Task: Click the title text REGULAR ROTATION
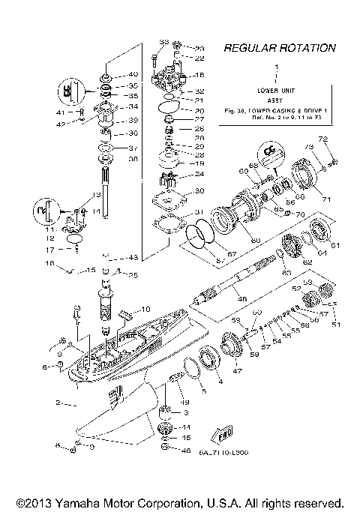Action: coord(279,48)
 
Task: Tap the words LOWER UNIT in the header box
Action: coord(278,90)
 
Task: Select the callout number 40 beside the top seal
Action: coord(133,75)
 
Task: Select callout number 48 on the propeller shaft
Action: coord(241,298)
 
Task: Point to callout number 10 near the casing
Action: coord(144,309)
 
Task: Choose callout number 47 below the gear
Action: coord(239,370)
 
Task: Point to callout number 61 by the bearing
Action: coord(334,244)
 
